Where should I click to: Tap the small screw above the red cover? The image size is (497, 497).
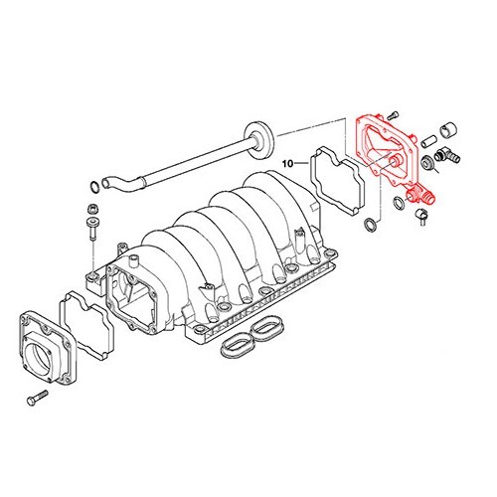click(393, 114)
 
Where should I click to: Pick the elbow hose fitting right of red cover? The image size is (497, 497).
click(446, 155)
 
